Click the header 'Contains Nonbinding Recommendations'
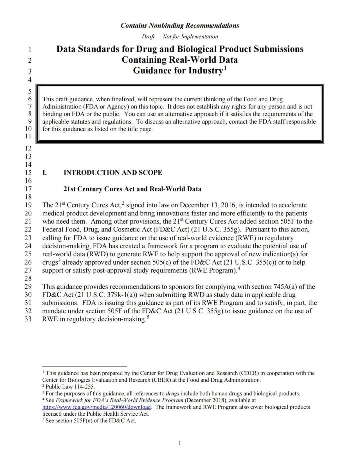click(x=180, y=26)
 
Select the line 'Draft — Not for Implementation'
click(x=180, y=37)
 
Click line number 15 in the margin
click(x=28, y=173)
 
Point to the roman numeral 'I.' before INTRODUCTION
click(x=45, y=173)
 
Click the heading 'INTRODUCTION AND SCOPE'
click(x=113, y=173)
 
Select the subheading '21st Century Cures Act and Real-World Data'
click(x=132, y=189)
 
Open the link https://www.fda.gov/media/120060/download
click(x=96, y=407)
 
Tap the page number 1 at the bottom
click(x=180, y=443)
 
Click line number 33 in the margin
click(x=28, y=319)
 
